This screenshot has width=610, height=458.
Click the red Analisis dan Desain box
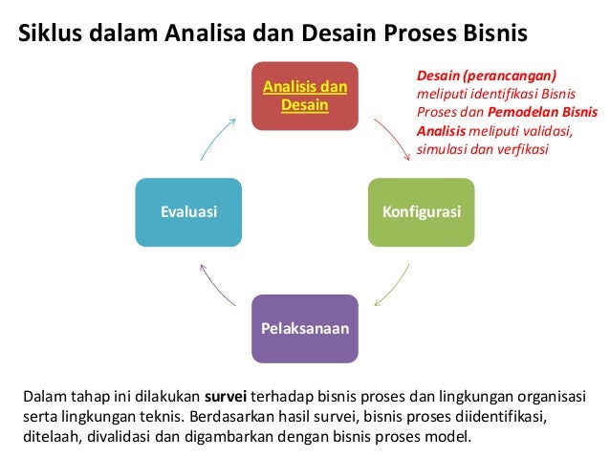pyautogui.click(x=304, y=96)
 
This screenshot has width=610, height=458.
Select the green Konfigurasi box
pyautogui.click(x=421, y=211)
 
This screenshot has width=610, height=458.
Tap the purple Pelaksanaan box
pyautogui.click(x=304, y=329)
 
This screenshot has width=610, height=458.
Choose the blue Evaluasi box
pyautogui.click(x=188, y=211)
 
